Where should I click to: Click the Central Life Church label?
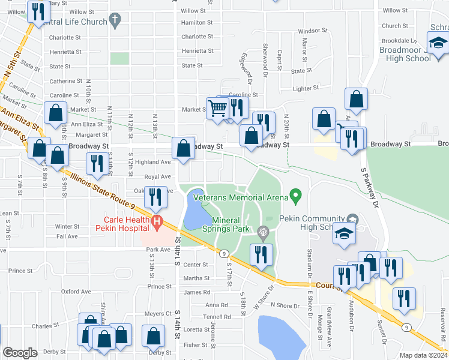(75, 22)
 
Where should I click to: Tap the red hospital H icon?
(157, 223)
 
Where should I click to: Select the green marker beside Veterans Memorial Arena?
(295, 195)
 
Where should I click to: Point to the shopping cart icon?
(217, 108)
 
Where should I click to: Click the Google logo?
(20, 353)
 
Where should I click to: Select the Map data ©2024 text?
(423, 355)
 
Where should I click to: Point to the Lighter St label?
(305, 88)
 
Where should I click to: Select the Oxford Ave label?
(76, 292)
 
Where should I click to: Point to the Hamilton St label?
(193, 22)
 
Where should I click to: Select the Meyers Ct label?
(158, 313)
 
